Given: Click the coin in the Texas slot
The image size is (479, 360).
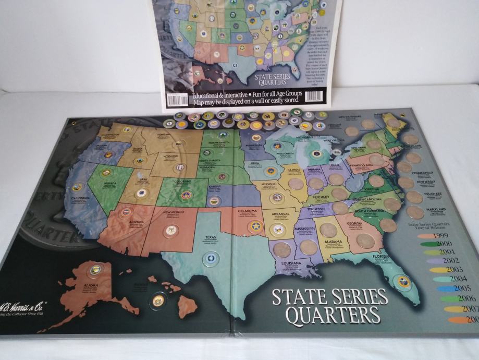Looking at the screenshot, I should coord(210,257).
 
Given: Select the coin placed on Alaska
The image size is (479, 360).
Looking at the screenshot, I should coord(95,270).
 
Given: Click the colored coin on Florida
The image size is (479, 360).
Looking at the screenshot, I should coord(403,282).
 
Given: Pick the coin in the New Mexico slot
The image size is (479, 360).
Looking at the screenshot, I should coord(170,230).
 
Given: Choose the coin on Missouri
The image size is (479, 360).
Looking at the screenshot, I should coord(277,198).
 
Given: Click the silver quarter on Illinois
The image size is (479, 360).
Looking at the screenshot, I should coord(296,184).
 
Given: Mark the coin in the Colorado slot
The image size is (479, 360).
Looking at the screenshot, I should coord(186,194).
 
